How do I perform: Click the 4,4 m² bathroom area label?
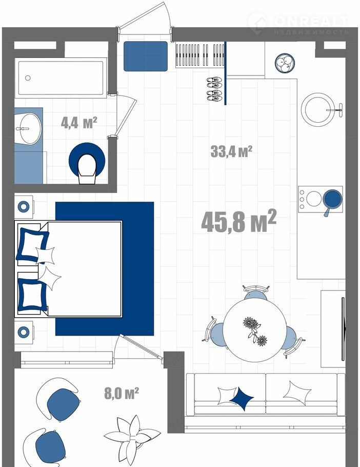click(79, 123)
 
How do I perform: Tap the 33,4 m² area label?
click(231, 151)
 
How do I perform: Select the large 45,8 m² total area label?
click(238, 221)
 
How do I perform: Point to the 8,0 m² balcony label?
click(122, 393)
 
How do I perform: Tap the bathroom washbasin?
click(29, 129)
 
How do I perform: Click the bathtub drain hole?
click(28, 78)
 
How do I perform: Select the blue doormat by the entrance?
click(146, 56)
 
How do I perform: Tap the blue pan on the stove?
click(332, 201)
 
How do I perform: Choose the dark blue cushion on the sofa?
click(242, 399)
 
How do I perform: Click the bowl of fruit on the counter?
click(285, 63)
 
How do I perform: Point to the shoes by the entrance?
click(214, 89)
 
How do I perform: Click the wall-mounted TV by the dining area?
click(344, 329)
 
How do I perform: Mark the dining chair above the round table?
click(255, 292)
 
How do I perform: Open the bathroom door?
click(126, 115)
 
